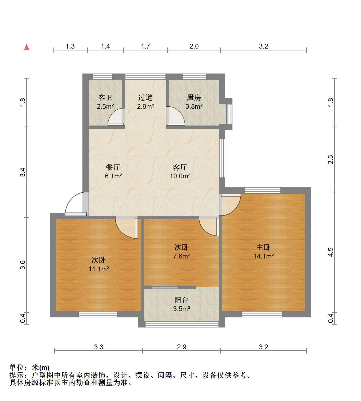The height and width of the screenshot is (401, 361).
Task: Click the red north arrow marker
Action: pyautogui.click(x=27, y=47)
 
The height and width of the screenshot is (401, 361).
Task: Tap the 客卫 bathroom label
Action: pyautogui.click(x=105, y=98)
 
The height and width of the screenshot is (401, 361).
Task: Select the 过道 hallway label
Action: pyautogui.click(x=145, y=98)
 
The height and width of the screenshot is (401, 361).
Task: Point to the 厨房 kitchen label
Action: pyautogui.click(x=194, y=98)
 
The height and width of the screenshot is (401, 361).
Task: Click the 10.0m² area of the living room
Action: pyautogui.click(x=180, y=176)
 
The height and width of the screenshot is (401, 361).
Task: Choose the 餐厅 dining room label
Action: pyautogui.click(x=113, y=167)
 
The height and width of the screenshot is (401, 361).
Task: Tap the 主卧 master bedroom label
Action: pyautogui.click(x=263, y=247)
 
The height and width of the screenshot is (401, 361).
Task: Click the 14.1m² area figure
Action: pyautogui.click(x=263, y=256)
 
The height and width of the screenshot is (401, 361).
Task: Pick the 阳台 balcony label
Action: pyautogui.click(x=182, y=300)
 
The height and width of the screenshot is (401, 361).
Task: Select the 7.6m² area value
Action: pyautogui.click(x=182, y=256)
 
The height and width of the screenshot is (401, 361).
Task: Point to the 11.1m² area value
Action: pyautogui.click(x=99, y=269)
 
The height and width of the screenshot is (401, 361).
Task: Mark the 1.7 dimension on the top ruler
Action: pyautogui.click(x=145, y=46)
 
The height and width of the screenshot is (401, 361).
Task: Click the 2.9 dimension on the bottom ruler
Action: pyautogui.click(x=182, y=347)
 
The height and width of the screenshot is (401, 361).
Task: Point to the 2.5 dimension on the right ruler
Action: pyautogui.click(x=331, y=159)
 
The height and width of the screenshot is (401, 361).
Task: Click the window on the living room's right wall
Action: pyautogui.click(x=222, y=158)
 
